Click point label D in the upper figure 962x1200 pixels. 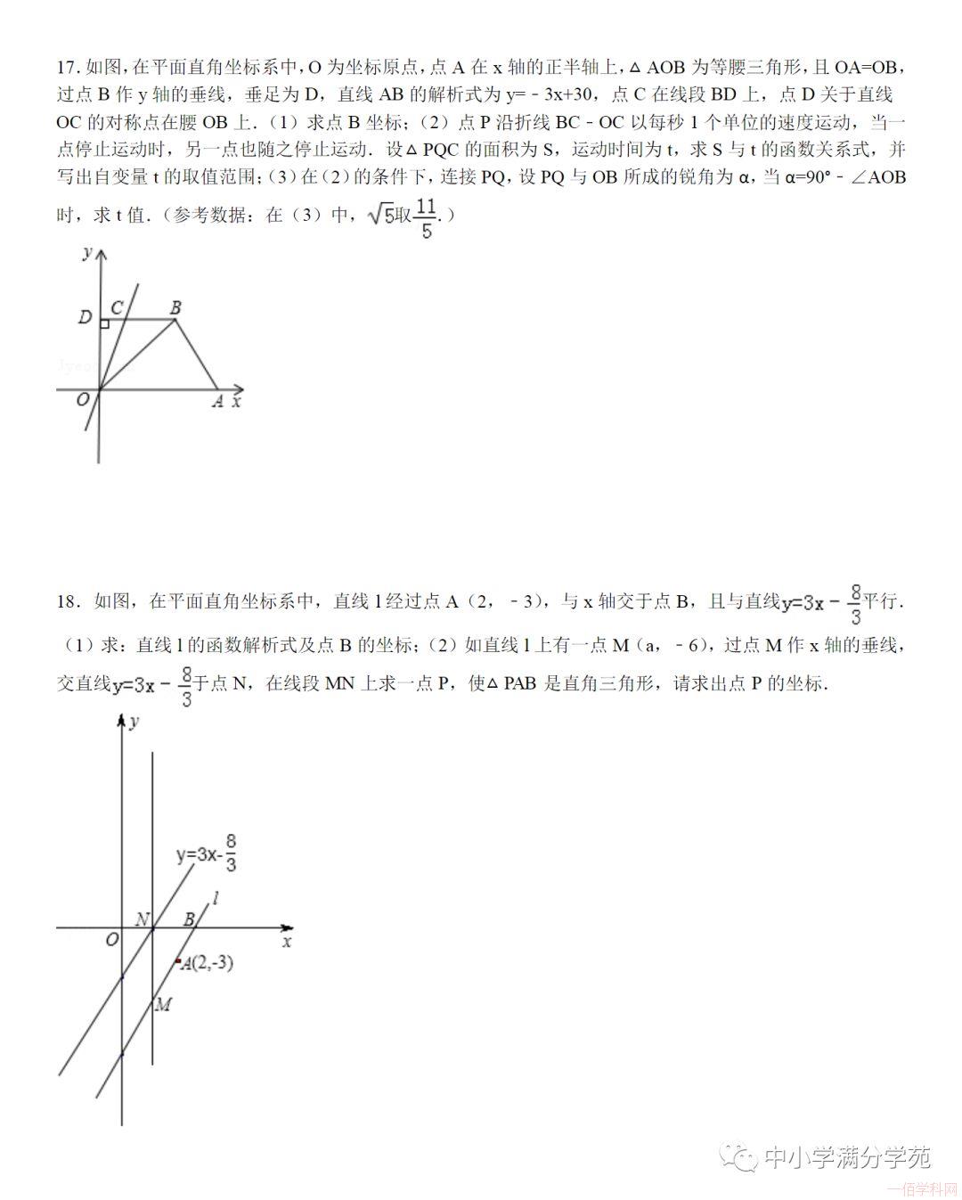click(85, 317)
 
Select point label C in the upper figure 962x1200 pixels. click(116, 308)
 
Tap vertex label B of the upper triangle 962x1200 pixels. click(175, 308)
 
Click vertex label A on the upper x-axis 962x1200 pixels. click(217, 402)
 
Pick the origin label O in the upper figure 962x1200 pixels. click(83, 400)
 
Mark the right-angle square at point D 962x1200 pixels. click(104, 324)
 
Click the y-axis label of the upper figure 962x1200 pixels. click(86, 253)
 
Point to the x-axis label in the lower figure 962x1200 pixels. click(287, 941)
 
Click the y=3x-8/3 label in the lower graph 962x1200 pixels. click(207, 853)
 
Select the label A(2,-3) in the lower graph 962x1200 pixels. click(208, 963)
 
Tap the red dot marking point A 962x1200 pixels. click(178, 961)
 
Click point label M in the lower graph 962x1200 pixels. click(163, 1005)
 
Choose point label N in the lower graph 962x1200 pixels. click(142, 918)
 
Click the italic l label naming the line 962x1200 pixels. click(216, 898)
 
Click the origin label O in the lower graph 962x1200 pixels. click(112, 940)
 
